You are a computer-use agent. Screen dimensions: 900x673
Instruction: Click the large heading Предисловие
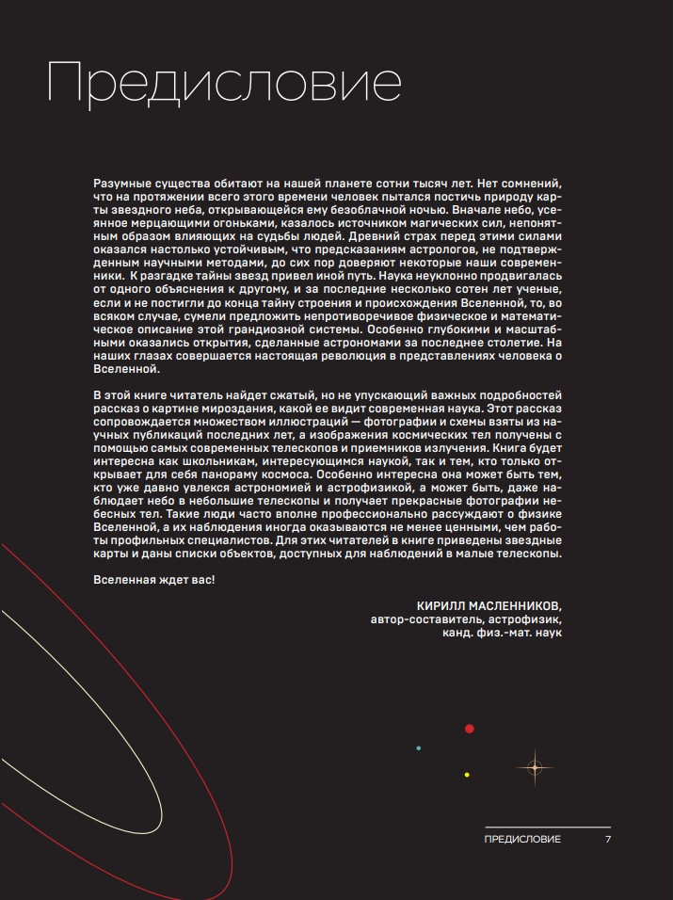pos(225,82)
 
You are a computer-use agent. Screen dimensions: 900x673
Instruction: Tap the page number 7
pos(609,839)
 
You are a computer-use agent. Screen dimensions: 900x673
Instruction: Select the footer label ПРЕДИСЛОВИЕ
pos(522,839)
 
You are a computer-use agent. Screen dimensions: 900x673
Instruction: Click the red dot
pos(469,729)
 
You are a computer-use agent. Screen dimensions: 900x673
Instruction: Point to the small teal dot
pos(419,748)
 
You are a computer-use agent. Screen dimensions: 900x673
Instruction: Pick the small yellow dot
pos(467,775)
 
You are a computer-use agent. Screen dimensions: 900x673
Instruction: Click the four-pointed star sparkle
pos(535,768)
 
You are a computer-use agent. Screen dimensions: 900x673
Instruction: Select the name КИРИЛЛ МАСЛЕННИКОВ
pos(494,604)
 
